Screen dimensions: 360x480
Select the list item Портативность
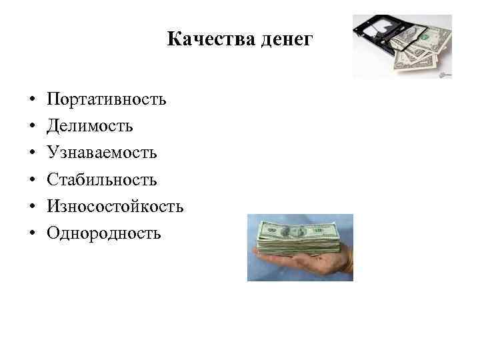(107, 100)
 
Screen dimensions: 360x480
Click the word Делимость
(90, 127)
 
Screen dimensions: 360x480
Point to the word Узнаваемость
(102, 153)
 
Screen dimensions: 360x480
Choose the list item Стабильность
(102, 180)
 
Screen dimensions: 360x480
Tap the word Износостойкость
(115, 207)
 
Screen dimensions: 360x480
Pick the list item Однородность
(104, 233)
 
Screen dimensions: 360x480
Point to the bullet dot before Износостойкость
(31, 207)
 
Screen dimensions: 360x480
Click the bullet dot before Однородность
(31, 234)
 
